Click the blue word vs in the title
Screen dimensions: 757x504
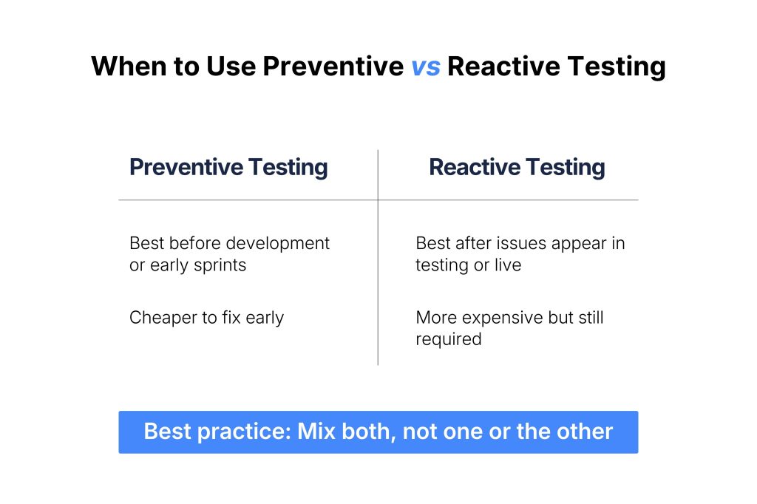coord(425,67)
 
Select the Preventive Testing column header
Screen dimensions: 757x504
coord(228,168)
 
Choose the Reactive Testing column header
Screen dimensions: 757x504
coord(517,168)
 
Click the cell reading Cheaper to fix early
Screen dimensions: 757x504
coord(207,318)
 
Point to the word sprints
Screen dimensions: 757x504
coord(220,265)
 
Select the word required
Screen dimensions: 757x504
coord(449,339)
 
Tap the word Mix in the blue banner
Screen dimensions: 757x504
coord(316,432)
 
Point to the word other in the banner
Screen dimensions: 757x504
coord(585,432)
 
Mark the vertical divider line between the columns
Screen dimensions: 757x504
coord(378,257)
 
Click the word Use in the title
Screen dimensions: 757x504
coord(231,66)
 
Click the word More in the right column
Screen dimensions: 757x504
coord(436,318)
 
